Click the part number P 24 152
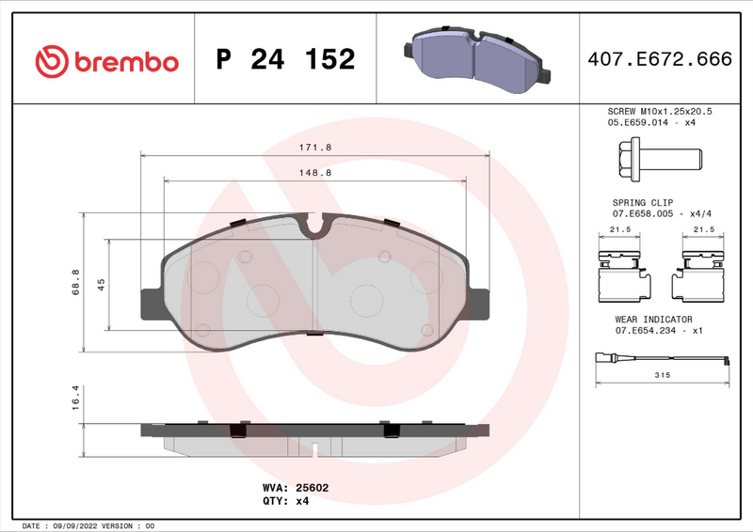pos(285,60)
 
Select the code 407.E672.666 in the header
pos(659,60)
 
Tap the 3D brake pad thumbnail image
pos(476,58)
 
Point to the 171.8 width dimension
pos(314,148)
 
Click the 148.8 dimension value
pos(314,173)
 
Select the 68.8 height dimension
pos(75,282)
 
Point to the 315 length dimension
pos(661,375)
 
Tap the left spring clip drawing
pos(620,273)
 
